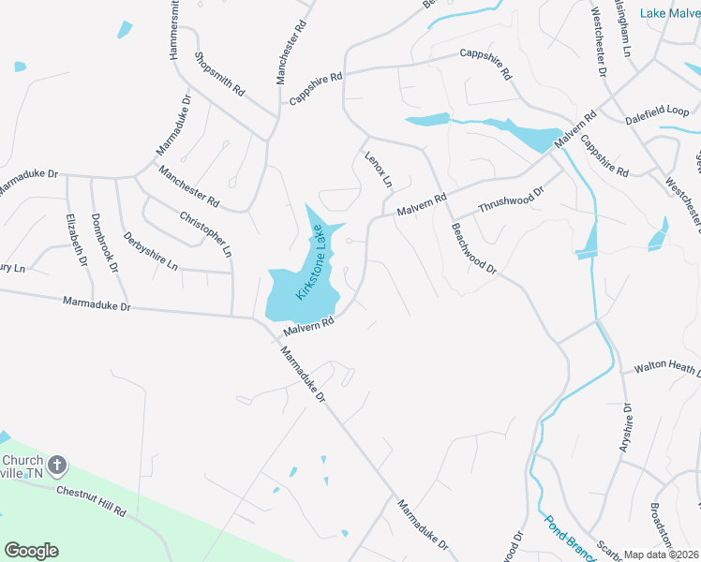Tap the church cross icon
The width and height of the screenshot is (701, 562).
click(x=57, y=465)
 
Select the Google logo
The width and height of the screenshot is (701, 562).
click(x=31, y=551)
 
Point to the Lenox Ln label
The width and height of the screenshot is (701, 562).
click(x=379, y=168)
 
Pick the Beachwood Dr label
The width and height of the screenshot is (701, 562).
click(x=472, y=247)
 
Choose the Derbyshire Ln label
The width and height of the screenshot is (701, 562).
click(x=150, y=251)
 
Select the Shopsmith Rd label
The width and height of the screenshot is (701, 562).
click(x=219, y=74)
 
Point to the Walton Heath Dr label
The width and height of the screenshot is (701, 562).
click(x=667, y=368)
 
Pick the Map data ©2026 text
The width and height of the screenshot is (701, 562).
click(x=661, y=555)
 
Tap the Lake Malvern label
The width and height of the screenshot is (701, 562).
click(x=670, y=12)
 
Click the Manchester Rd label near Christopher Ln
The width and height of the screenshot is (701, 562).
click(x=188, y=186)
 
